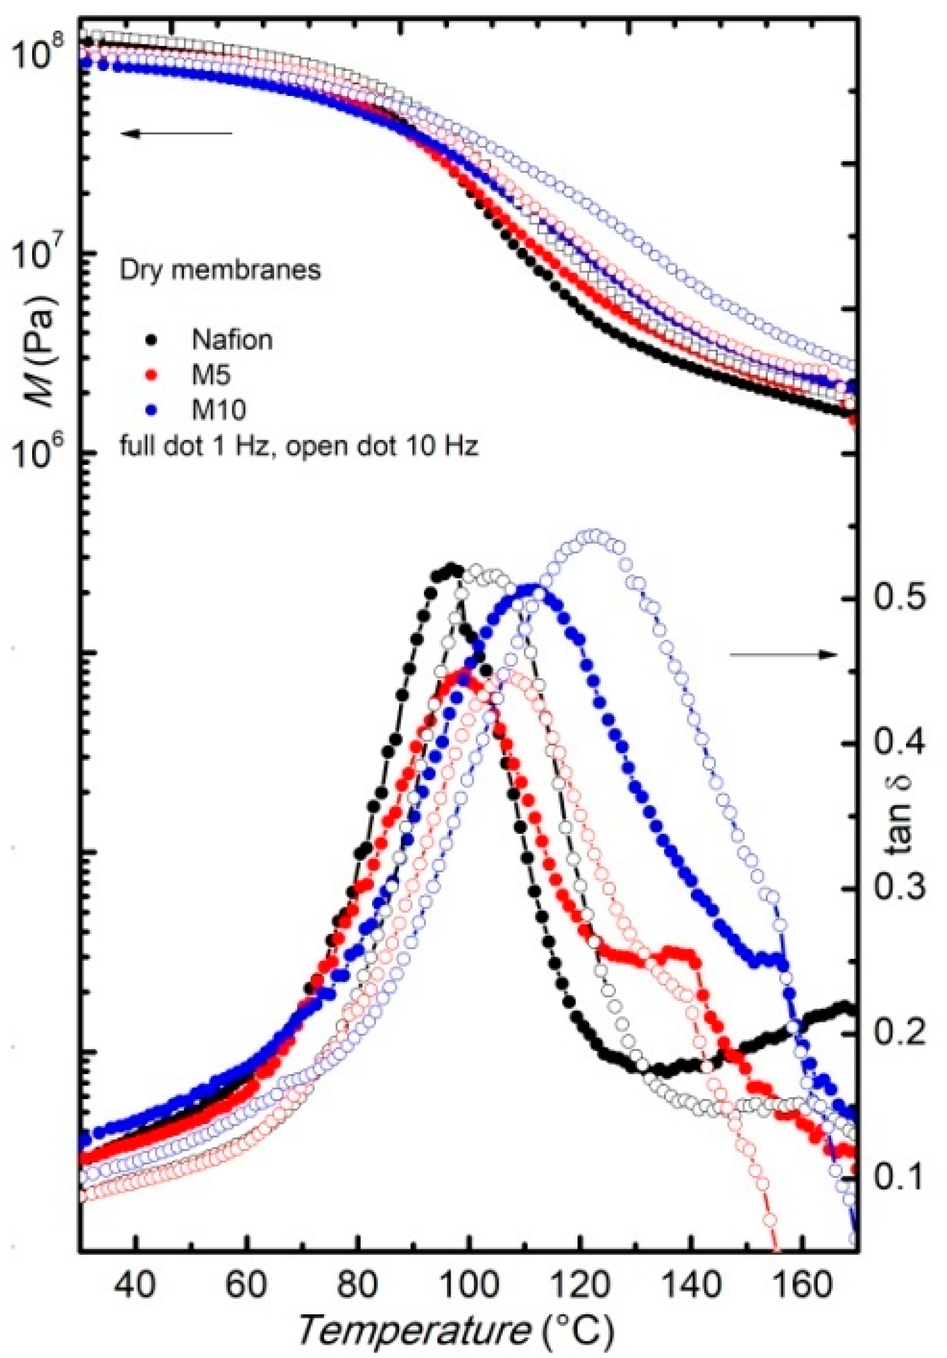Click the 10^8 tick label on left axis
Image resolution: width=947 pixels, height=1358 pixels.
37,56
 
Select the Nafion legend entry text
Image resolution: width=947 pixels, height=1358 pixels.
232,340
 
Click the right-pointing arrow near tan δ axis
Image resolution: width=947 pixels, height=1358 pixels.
784,654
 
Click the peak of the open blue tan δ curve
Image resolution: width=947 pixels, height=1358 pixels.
593,536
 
